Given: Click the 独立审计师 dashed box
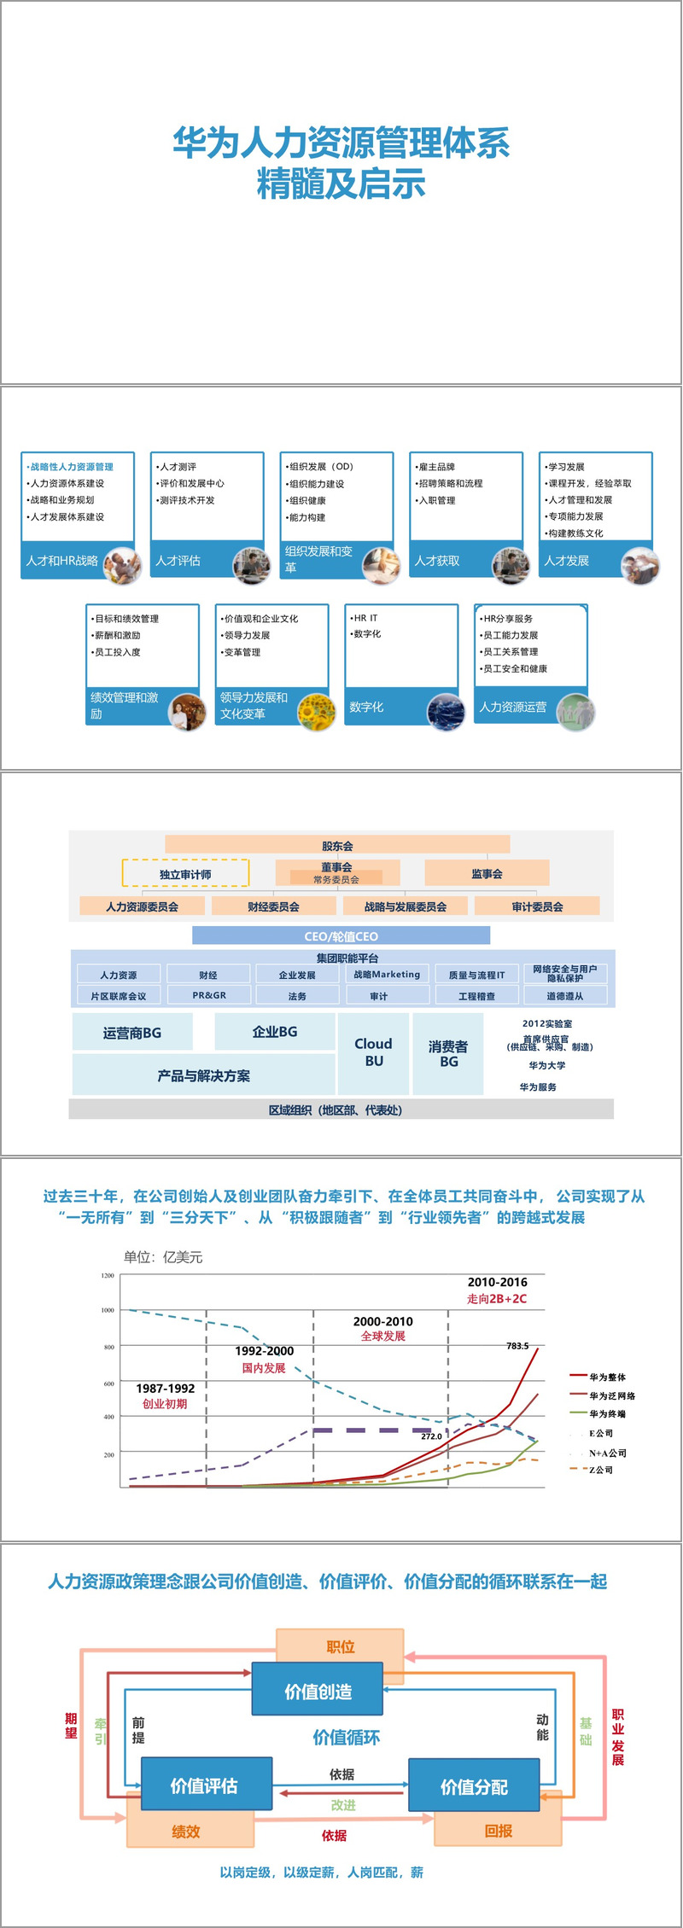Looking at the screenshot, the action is pyautogui.click(x=185, y=873).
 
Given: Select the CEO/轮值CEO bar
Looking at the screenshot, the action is pyautogui.click(x=341, y=935).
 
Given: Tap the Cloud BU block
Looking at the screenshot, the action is pyautogui.click(x=373, y=1052).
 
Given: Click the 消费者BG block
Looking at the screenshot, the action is pyautogui.click(x=448, y=1053).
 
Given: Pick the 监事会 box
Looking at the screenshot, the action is pyautogui.click(x=487, y=873).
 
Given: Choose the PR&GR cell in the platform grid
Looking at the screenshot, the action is pyautogui.click(x=209, y=995).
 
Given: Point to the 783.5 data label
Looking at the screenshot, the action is pyautogui.click(x=517, y=1346).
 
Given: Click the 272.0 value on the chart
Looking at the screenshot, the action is pyautogui.click(x=431, y=1436).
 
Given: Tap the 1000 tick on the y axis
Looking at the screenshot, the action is pyautogui.click(x=108, y=1310).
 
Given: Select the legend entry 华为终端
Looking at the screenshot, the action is pyautogui.click(x=607, y=1414).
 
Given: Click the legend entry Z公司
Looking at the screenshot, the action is pyautogui.click(x=601, y=1470).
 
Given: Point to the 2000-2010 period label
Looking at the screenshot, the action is pyautogui.click(x=382, y=1321).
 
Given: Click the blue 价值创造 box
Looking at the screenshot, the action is pyautogui.click(x=318, y=1691).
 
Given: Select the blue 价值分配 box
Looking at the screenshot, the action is pyautogui.click(x=474, y=1786).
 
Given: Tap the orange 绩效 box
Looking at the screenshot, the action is pyautogui.click(x=186, y=1832).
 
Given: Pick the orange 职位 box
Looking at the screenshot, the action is pyautogui.click(x=341, y=1647).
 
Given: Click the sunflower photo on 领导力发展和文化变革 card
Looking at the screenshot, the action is pyautogui.click(x=315, y=711).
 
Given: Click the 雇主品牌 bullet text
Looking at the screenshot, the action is pyautogui.click(x=437, y=467).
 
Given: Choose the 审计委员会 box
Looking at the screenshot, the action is pyautogui.click(x=537, y=906).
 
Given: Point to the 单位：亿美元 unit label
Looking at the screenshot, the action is pyautogui.click(x=163, y=1257).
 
